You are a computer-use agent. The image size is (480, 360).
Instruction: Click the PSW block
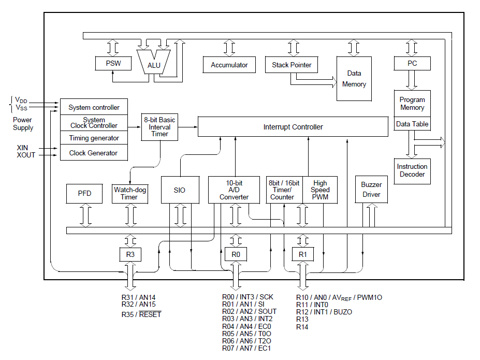click(x=113, y=63)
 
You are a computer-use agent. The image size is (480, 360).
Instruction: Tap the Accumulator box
click(x=229, y=65)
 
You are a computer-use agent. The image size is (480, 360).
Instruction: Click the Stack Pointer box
click(x=292, y=65)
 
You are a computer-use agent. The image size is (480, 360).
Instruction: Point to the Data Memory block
click(x=354, y=79)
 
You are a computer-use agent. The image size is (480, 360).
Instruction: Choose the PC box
click(x=412, y=63)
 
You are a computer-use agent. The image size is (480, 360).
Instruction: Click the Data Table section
click(x=412, y=124)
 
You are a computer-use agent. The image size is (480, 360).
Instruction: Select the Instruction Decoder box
click(x=412, y=170)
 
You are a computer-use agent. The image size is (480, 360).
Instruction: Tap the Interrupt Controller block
click(x=293, y=126)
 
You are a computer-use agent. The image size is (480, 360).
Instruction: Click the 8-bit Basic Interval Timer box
click(x=159, y=127)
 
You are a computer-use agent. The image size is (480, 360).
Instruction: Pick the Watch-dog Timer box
click(x=129, y=193)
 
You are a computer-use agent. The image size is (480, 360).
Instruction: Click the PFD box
click(x=84, y=193)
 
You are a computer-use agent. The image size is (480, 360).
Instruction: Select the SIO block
click(x=180, y=190)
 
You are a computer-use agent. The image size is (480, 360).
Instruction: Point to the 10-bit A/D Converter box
click(x=234, y=190)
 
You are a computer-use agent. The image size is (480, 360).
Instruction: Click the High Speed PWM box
click(x=320, y=190)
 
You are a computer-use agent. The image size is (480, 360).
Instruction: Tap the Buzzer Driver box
click(x=371, y=189)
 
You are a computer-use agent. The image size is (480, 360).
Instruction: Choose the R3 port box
click(x=130, y=254)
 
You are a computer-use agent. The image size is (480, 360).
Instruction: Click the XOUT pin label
click(x=26, y=155)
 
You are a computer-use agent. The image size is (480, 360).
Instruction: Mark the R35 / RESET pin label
click(x=141, y=314)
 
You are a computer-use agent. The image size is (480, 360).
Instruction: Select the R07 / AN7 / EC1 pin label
click(x=246, y=348)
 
